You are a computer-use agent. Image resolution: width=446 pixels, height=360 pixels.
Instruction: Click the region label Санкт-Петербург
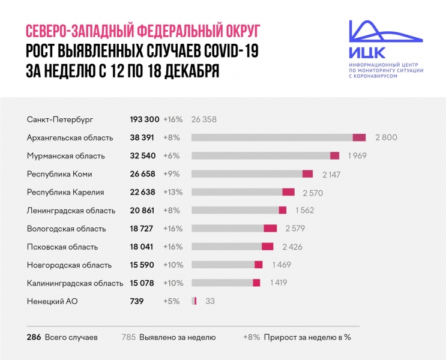tap(60, 119)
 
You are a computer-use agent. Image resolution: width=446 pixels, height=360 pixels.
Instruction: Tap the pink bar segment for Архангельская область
tap(359, 137)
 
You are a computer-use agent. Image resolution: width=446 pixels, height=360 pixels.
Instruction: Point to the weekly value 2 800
tap(386, 137)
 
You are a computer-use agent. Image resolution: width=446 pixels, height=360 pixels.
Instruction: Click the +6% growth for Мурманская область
tap(171, 156)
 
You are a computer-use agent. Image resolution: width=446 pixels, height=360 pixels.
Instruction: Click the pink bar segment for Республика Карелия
tap(288, 192)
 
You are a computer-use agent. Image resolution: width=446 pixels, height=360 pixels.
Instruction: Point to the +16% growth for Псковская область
tap(172, 247)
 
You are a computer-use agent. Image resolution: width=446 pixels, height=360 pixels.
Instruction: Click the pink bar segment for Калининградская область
tap(256, 283)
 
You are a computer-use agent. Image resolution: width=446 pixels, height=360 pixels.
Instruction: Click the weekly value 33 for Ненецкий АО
tap(210, 301)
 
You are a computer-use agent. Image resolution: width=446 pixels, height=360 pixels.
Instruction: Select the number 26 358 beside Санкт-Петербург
tap(203, 119)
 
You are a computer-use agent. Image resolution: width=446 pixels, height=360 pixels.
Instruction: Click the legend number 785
tap(128, 337)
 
